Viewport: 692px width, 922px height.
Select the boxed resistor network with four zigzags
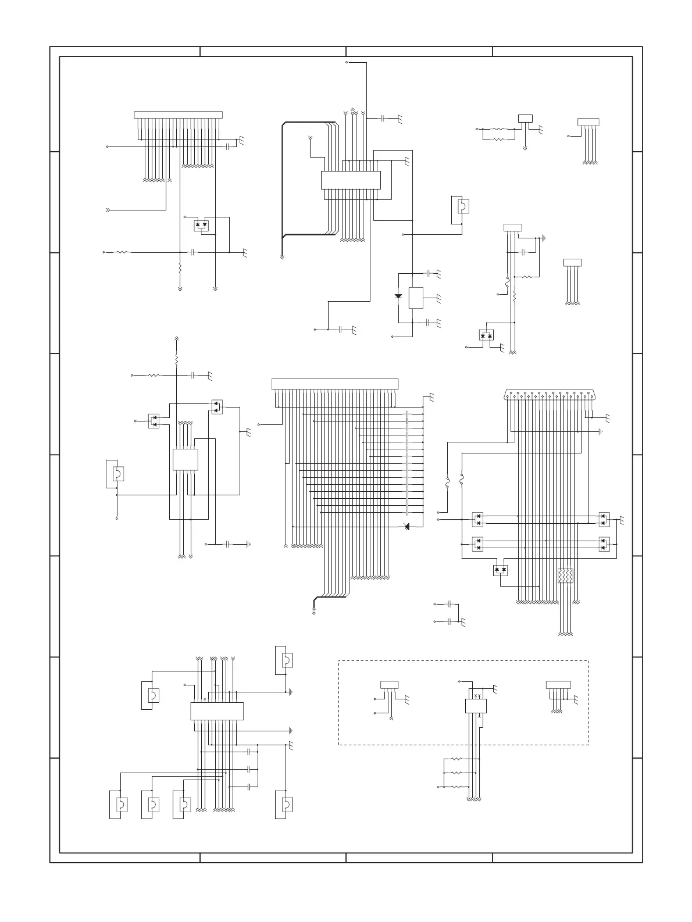point(566,576)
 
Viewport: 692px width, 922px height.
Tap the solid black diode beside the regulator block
point(398,296)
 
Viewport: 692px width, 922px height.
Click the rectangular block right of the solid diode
point(416,298)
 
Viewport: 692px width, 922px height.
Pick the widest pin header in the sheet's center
point(336,384)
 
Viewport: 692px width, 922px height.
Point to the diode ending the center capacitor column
point(406,527)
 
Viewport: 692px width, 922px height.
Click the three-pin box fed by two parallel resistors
point(526,119)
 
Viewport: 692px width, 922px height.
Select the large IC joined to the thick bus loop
point(351,180)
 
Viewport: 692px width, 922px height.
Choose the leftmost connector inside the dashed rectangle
point(390,684)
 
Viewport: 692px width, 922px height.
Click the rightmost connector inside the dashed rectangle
point(558,684)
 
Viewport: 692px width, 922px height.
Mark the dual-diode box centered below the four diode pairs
point(500,570)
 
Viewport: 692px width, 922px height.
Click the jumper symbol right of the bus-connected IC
point(462,206)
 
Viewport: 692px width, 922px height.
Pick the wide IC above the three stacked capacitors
point(217,711)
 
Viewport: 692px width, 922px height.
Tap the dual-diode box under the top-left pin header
point(201,224)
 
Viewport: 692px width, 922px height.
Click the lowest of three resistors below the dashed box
point(455,787)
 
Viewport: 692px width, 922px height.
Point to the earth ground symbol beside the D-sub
point(600,432)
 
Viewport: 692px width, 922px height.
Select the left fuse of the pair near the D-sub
point(448,483)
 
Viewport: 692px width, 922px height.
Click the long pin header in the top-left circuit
point(179,115)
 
